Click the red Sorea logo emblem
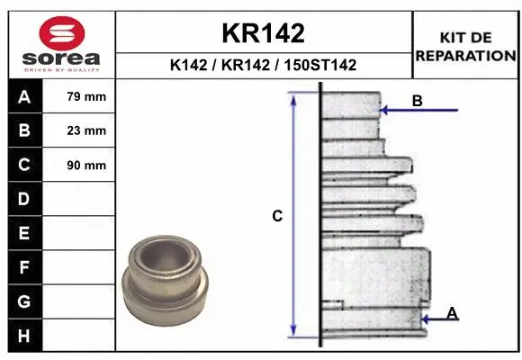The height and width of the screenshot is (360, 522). click(x=62, y=33)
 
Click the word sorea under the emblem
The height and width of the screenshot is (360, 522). click(x=61, y=58)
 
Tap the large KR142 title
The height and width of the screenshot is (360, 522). click(x=264, y=33)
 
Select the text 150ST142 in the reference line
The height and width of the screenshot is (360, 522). click(x=319, y=65)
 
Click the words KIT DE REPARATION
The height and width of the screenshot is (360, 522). click(x=465, y=47)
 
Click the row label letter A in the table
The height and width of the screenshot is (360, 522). click(x=24, y=97)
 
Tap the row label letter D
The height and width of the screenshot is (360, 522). click(x=24, y=199)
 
